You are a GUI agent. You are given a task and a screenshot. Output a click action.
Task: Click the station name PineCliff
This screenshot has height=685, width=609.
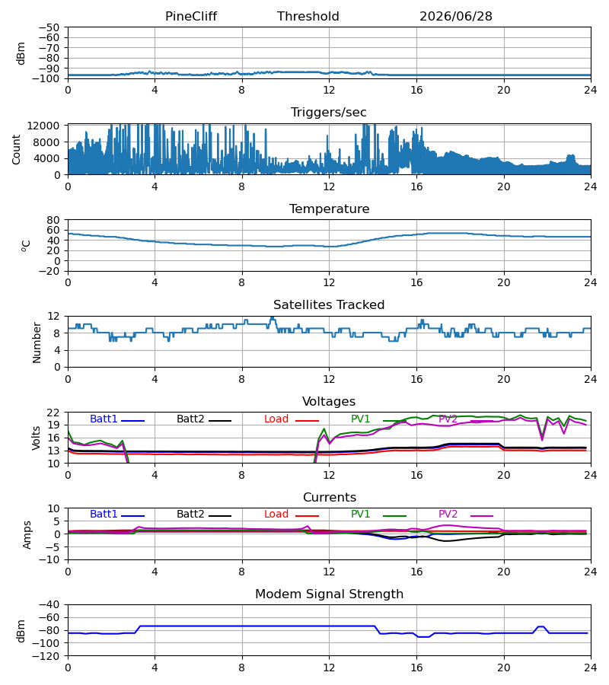coord(191,17)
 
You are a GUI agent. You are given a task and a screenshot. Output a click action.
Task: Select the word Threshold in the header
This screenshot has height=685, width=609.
coord(308,17)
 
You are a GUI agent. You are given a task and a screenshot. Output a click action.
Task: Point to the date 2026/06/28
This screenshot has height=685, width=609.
coord(456,17)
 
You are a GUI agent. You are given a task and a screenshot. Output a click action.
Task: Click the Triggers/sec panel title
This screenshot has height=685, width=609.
coord(329,113)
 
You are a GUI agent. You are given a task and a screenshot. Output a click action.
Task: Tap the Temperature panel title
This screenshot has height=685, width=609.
coord(329,209)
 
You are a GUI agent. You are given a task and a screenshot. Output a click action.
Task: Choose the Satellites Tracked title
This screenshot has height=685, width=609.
coord(329,305)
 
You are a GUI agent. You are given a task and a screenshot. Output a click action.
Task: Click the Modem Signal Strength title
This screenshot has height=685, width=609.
coord(329,594)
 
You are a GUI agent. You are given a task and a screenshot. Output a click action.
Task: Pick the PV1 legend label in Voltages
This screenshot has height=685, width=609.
coord(360,419)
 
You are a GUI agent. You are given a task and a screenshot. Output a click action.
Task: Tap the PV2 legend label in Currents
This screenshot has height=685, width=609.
coord(448,515)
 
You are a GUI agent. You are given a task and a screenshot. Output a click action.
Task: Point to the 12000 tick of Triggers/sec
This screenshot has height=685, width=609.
coord(43,126)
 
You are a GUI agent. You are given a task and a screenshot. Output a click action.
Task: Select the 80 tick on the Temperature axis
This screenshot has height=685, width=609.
coord(53,220)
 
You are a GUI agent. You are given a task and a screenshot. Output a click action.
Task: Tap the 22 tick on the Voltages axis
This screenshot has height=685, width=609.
coord(53,413)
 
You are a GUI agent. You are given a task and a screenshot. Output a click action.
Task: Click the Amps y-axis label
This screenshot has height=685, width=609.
coord(27,535)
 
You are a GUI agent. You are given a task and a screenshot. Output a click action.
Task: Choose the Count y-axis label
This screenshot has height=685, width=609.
coord(16,149)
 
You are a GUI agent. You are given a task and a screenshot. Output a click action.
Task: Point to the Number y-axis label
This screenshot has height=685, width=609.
coord(37,342)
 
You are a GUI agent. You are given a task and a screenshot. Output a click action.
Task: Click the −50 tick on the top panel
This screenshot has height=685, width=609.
coord(49,27)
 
